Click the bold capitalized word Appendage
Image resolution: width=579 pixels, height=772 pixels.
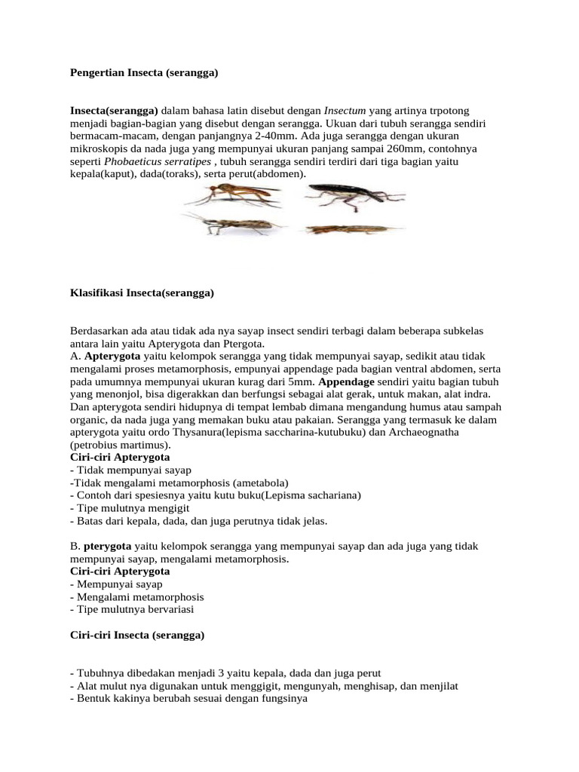[x=347, y=381]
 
